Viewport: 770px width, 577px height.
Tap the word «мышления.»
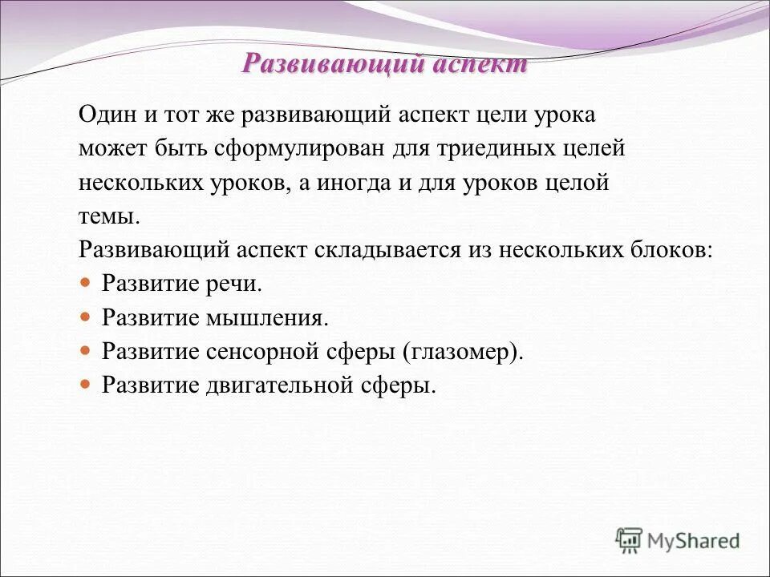coord(269,317)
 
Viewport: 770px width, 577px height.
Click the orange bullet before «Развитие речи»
coord(87,284)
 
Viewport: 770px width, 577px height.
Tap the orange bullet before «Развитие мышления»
coord(87,317)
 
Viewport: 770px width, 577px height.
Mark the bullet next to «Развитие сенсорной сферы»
coord(87,351)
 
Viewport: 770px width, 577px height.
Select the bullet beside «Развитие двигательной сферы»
coord(87,385)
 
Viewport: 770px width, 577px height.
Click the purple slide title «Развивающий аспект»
coord(385,65)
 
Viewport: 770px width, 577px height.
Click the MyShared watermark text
coord(694,540)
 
